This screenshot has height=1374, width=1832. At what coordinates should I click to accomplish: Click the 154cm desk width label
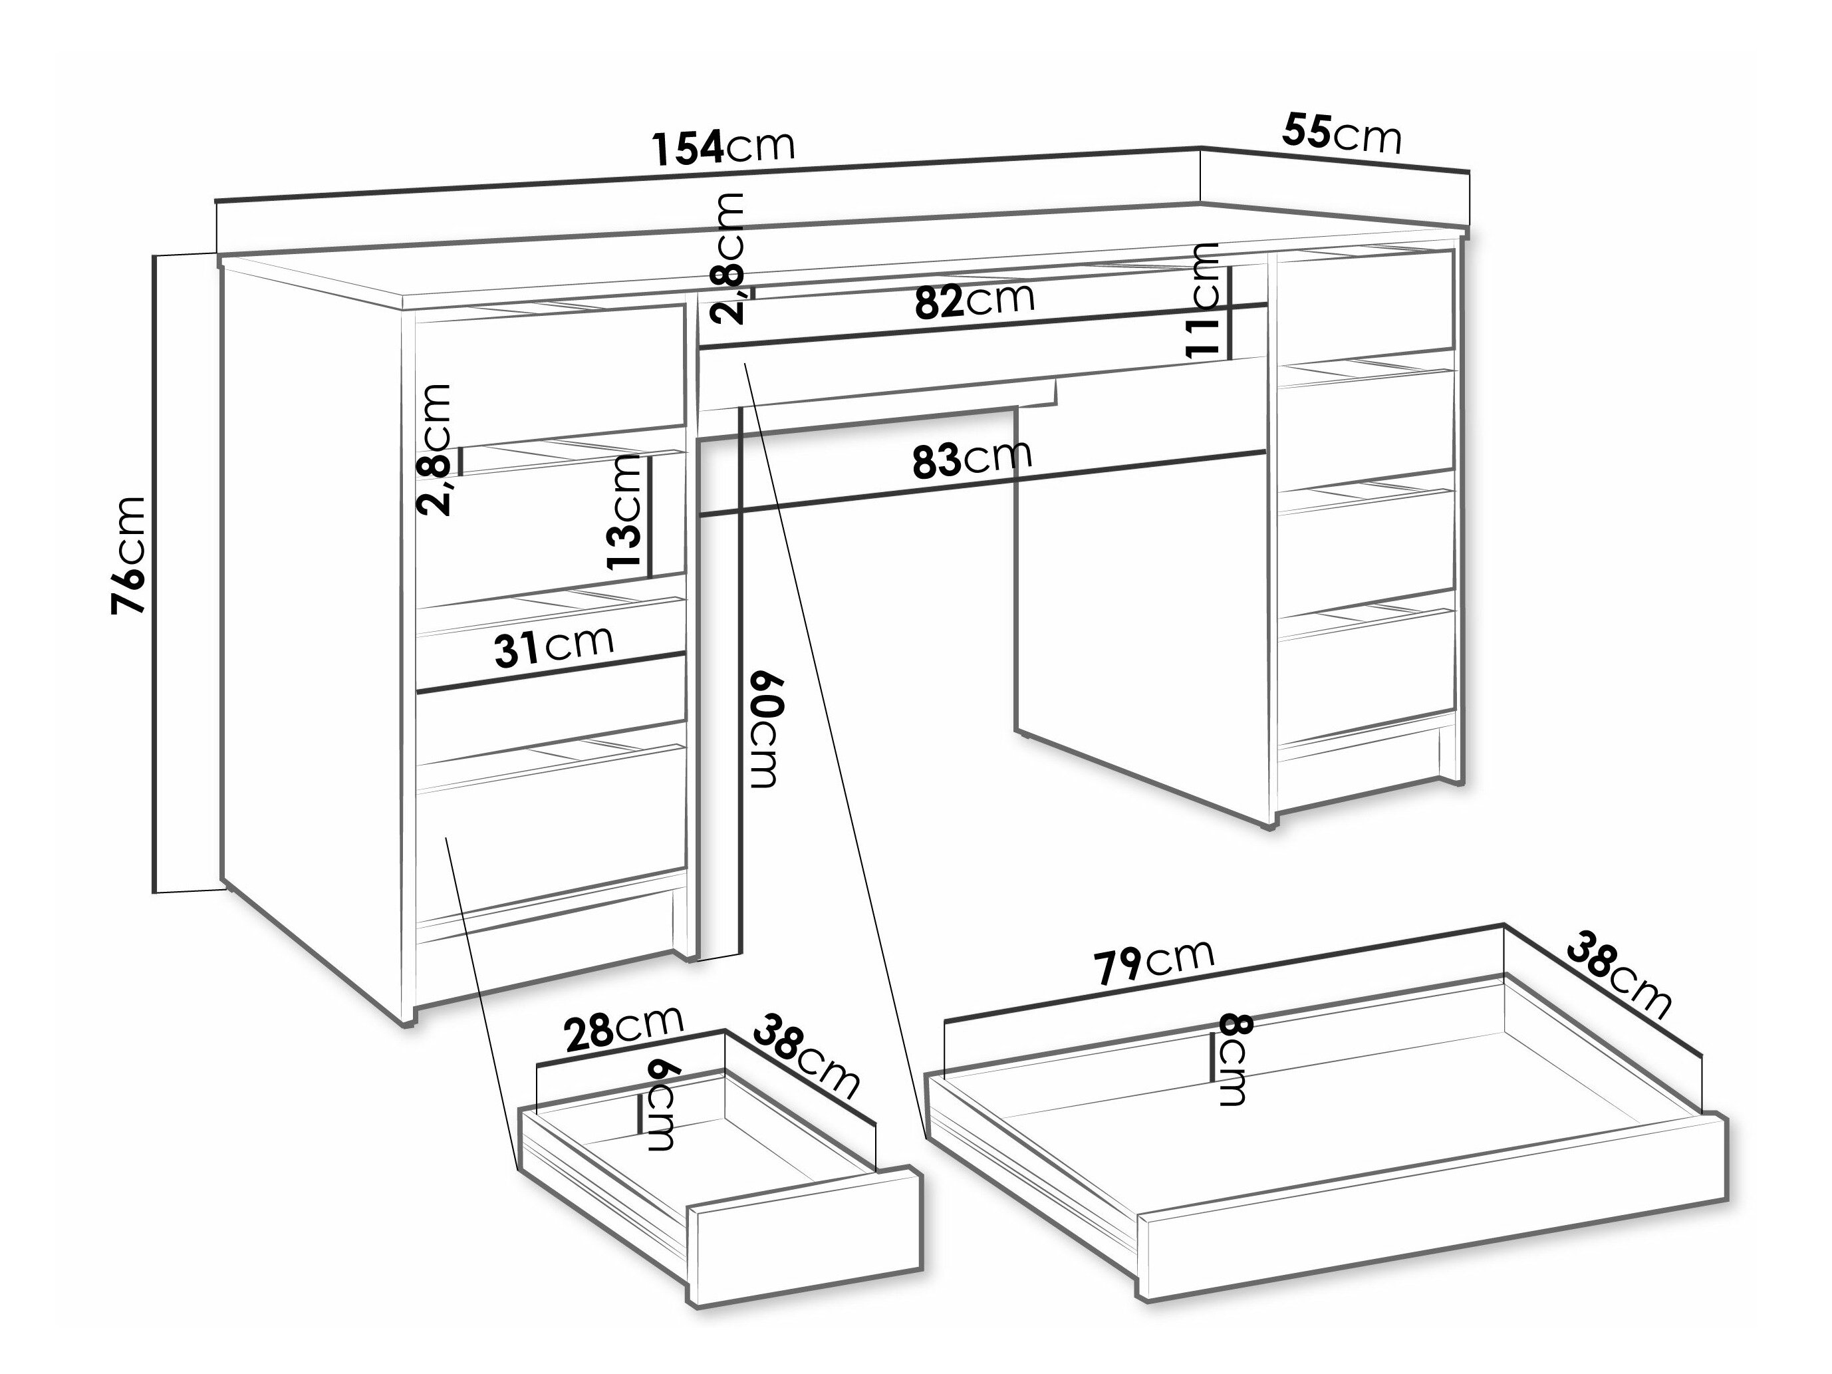[723, 148]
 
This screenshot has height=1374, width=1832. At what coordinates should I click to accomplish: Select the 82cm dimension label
[975, 300]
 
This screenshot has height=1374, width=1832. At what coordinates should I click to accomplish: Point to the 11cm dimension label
[1202, 299]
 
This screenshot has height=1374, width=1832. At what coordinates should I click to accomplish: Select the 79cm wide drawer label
[1154, 962]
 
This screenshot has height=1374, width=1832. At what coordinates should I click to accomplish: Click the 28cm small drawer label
[623, 1030]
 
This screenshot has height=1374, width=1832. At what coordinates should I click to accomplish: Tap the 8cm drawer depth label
[1232, 1061]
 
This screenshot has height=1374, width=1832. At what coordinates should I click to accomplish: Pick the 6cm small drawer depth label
[660, 1106]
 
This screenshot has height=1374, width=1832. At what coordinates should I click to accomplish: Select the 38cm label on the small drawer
[806, 1057]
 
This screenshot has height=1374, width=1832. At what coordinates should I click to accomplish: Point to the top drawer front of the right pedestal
[1367, 301]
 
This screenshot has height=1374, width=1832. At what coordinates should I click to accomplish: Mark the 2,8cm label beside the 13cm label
[436, 450]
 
